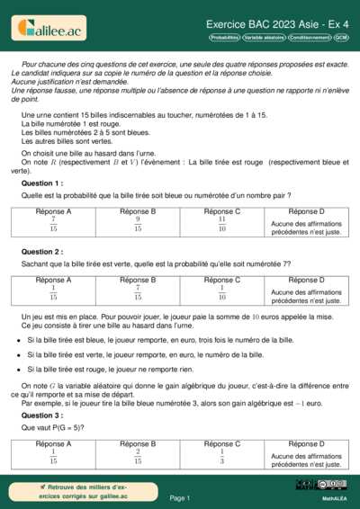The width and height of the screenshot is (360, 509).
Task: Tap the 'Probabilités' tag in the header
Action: (x=223, y=39)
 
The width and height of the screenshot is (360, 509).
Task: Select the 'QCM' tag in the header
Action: (x=341, y=39)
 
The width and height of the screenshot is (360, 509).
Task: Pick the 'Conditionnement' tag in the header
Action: (x=309, y=39)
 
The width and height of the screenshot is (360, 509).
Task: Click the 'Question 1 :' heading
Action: (x=42, y=183)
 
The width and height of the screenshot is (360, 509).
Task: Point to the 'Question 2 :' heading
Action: (x=42, y=252)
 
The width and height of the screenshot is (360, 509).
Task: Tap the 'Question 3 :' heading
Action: (x=42, y=415)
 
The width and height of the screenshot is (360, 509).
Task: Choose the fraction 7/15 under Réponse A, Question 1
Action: (x=53, y=224)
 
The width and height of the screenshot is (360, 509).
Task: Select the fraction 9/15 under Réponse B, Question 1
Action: (x=138, y=224)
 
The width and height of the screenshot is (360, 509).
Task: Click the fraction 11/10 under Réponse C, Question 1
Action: (x=222, y=224)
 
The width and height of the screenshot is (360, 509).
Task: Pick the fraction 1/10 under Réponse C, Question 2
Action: (x=222, y=293)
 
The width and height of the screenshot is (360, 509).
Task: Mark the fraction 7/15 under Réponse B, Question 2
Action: (x=138, y=293)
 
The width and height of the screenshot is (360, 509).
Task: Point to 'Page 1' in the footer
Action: (x=179, y=497)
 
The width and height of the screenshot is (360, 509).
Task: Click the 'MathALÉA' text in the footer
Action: (x=335, y=497)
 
